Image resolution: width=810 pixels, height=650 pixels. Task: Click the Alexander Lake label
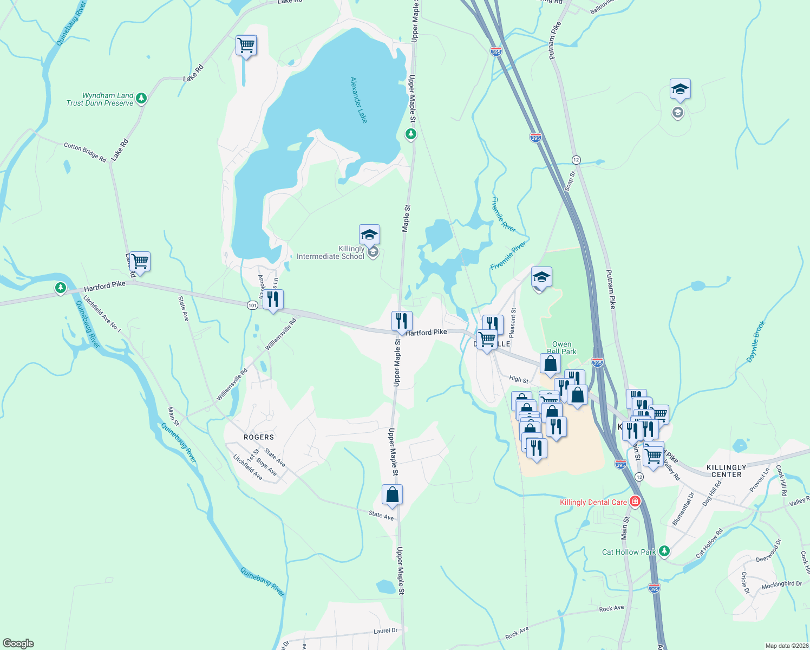coord(358,100)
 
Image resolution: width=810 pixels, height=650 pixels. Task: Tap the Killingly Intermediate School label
coord(330,253)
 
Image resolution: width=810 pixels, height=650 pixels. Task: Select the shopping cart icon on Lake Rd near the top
coord(246,45)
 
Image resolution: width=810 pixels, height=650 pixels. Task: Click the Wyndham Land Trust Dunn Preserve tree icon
coord(141,98)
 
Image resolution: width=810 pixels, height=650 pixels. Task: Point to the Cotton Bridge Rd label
coord(85,152)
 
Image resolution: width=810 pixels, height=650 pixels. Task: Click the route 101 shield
coord(252,305)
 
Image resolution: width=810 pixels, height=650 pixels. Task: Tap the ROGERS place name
coord(259,437)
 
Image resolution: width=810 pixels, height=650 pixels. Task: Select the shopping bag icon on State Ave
coord(392,495)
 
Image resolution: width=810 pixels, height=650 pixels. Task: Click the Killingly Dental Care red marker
coord(635,502)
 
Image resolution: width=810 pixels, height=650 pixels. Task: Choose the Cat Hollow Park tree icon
coord(664,551)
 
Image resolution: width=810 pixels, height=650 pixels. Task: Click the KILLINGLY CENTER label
coord(726,471)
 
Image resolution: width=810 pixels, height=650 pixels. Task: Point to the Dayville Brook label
coord(756,341)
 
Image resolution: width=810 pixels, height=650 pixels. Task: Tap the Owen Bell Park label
coord(561,348)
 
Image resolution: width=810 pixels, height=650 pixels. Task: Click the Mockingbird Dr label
coord(781,585)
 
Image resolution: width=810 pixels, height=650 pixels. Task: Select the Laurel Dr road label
coord(386,631)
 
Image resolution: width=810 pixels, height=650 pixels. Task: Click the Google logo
coord(18,643)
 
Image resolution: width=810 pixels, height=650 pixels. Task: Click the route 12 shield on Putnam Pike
coord(576,160)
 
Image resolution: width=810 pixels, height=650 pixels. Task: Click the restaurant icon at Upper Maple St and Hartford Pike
coord(402,322)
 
